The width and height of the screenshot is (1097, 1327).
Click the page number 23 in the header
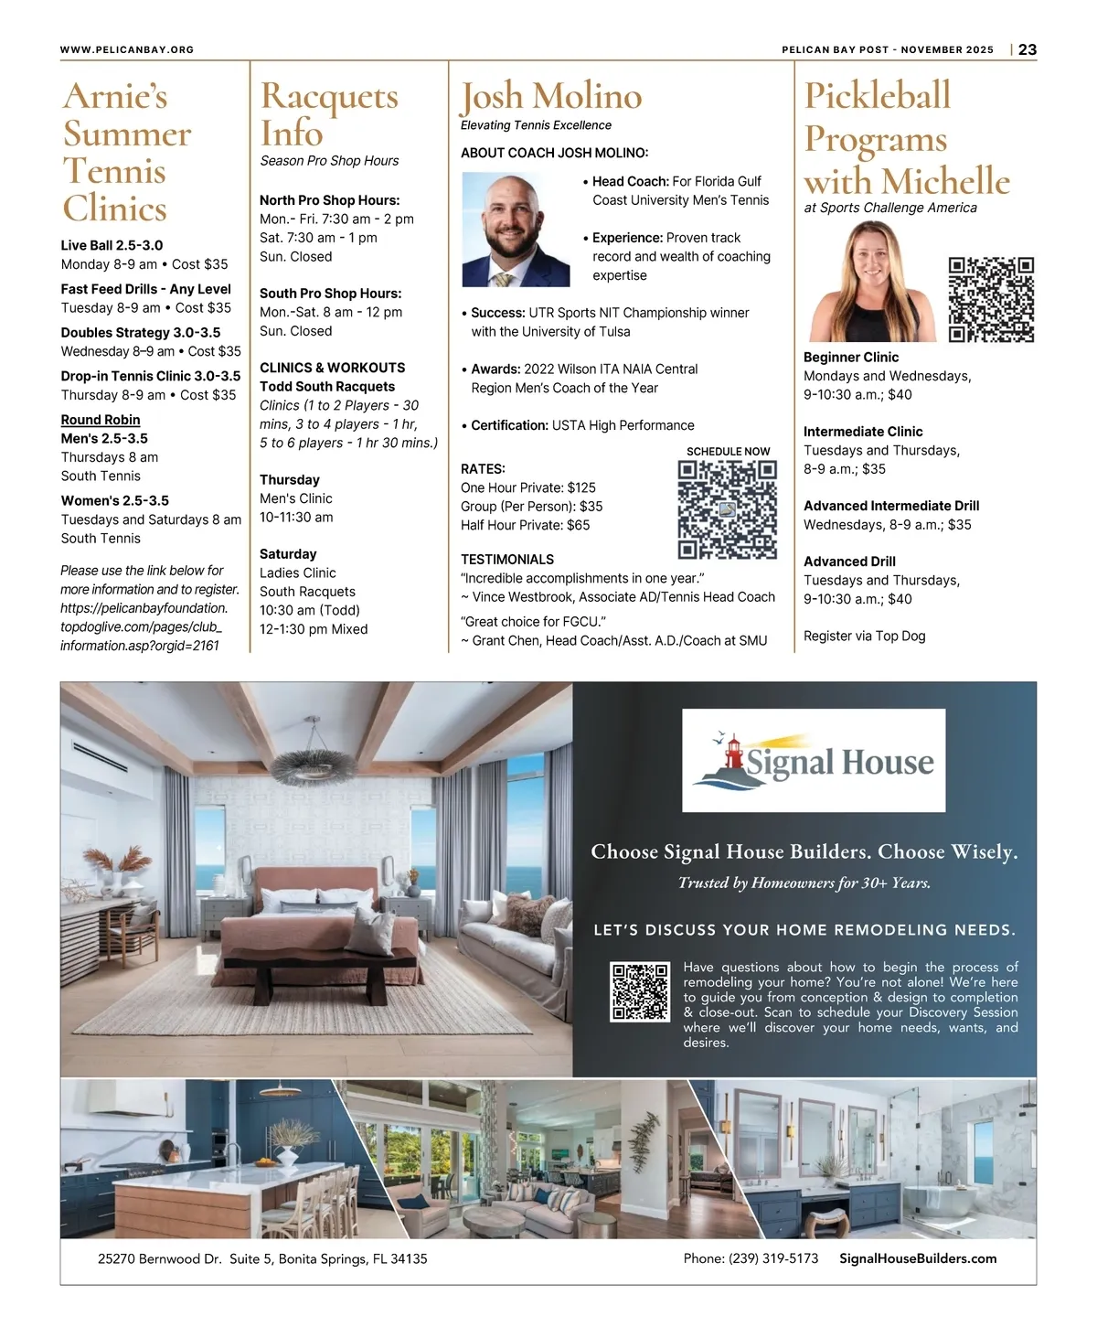pyautogui.click(x=1028, y=49)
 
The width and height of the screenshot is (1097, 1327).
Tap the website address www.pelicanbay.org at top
pyautogui.click(x=127, y=49)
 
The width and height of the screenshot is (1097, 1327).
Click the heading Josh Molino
pyautogui.click(x=550, y=96)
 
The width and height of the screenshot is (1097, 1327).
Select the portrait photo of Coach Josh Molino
pyautogui.click(x=516, y=230)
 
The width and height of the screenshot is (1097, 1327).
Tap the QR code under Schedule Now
pyautogui.click(x=727, y=509)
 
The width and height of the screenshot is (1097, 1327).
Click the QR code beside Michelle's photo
pyautogui.click(x=991, y=300)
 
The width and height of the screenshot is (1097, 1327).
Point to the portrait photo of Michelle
pyautogui.click(x=873, y=282)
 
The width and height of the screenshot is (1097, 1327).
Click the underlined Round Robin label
pyautogui.click(x=101, y=420)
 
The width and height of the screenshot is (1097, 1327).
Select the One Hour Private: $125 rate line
pyautogui.click(x=528, y=487)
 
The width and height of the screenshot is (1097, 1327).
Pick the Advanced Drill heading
pyautogui.click(x=849, y=562)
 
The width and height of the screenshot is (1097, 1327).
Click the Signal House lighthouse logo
pyautogui.click(x=814, y=761)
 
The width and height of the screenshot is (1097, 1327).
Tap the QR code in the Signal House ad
pyautogui.click(x=640, y=991)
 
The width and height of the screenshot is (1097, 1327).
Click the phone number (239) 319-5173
pyautogui.click(x=751, y=1258)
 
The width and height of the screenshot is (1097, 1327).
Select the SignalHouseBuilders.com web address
pyautogui.click(x=918, y=1258)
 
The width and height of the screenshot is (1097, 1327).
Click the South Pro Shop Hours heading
pyautogui.click(x=330, y=294)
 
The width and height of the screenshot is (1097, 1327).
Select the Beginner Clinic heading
pyautogui.click(x=851, y=358)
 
